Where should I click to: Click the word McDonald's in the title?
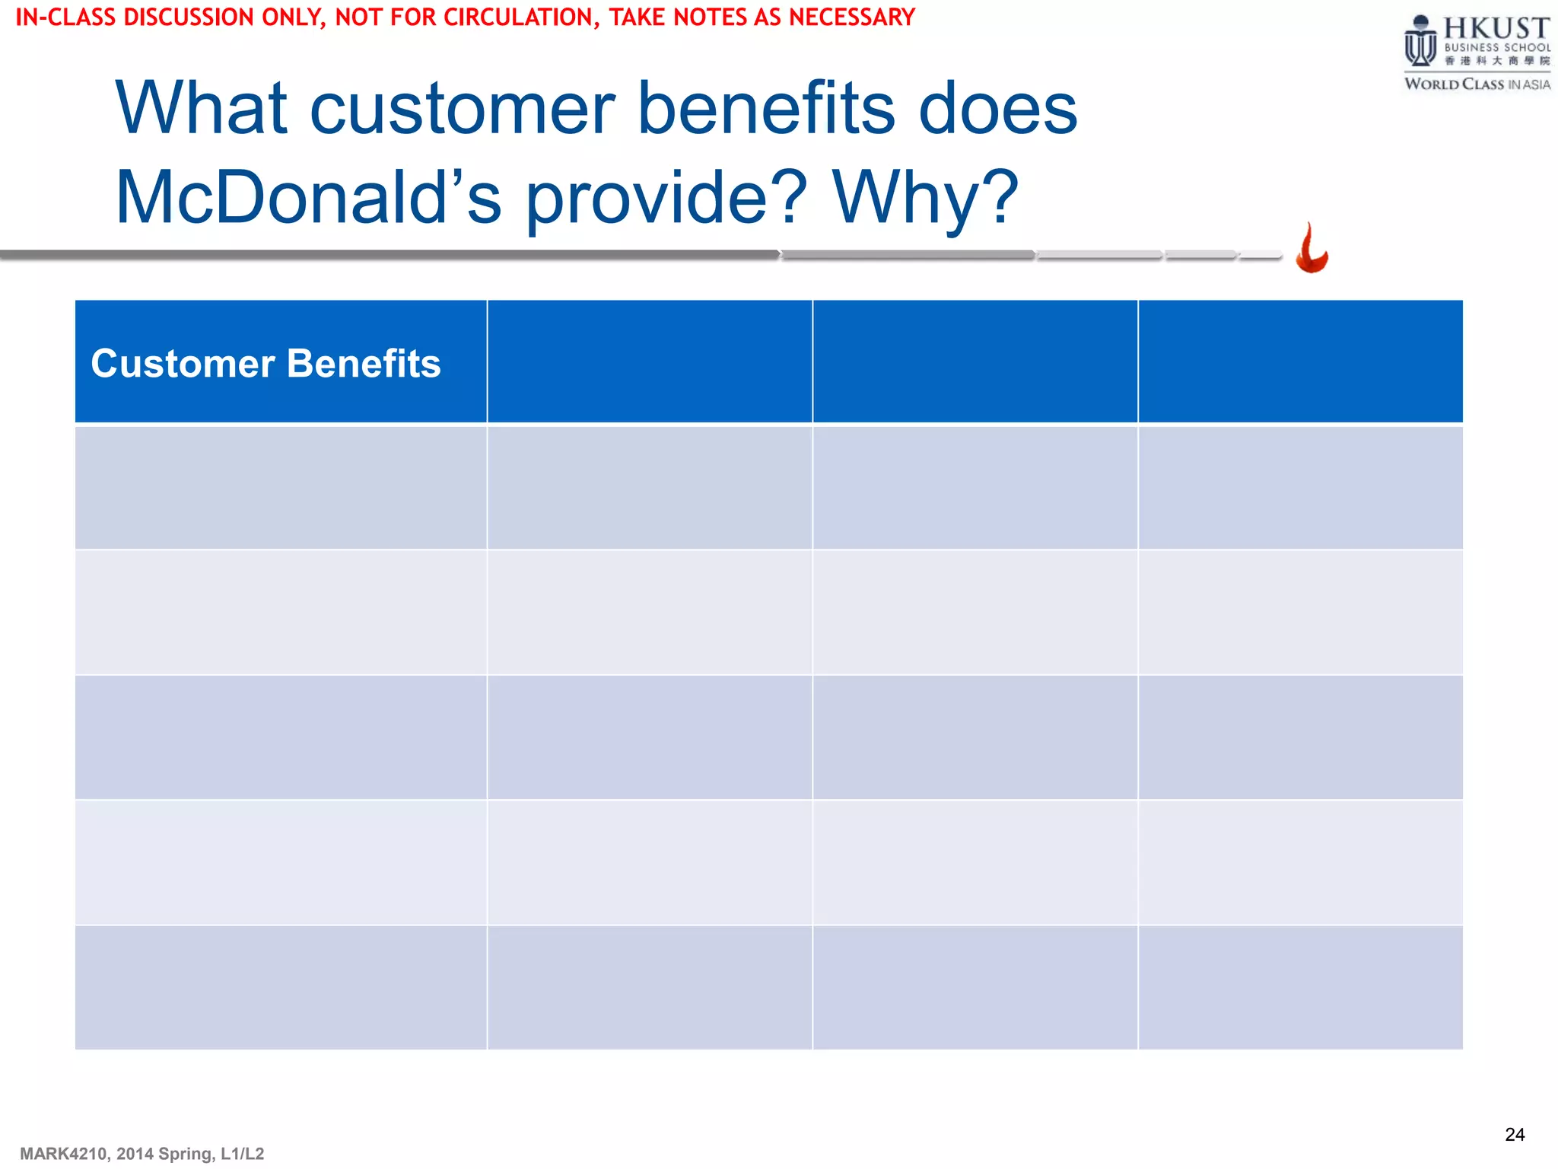point(308,198)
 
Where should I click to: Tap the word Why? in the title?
point(924,198)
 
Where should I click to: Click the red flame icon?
point(1312,249)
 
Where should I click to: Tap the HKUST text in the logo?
point(1496,28)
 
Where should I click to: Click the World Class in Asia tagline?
point(1477,84)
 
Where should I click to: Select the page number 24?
point(1514,1135)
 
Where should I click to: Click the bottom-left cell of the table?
point(281,988)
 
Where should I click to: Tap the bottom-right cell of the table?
point(1300,988)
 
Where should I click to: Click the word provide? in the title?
point(666,198)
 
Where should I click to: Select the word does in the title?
point(997,109)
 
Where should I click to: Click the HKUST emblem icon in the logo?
point(1420,42)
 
